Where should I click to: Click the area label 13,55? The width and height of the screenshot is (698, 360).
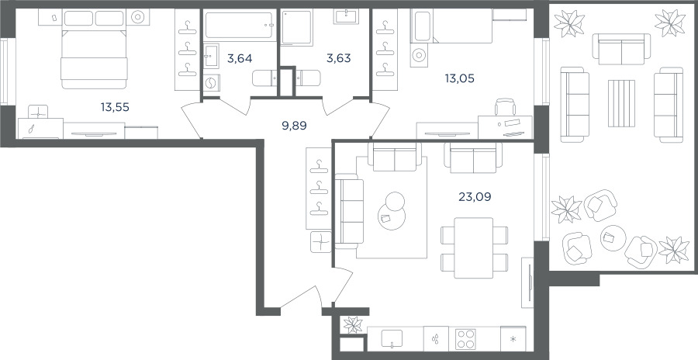[115, 107]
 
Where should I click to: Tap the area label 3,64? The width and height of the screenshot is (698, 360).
[240, 58]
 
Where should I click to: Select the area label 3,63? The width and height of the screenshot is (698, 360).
[338, 58]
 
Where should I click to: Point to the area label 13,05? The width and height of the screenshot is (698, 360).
[459, 79]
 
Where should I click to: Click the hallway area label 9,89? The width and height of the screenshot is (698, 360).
[295, 126]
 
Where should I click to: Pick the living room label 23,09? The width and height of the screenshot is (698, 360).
[475, 196]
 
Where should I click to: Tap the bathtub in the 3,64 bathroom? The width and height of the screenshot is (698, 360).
[239, 25]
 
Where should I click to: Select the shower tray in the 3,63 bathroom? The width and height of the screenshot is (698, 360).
[296, 27]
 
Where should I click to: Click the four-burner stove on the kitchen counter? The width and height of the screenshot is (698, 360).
[465, 339]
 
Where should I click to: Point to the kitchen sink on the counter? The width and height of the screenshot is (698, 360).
[392, 338]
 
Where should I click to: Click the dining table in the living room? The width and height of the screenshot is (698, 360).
[474, 247]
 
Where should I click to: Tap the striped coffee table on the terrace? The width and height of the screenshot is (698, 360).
[621, 103]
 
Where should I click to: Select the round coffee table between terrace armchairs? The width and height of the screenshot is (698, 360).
[613, 238]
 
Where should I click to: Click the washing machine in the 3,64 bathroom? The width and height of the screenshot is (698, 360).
[212, 83]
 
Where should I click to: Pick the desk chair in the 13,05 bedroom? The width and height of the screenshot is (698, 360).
[505, 107]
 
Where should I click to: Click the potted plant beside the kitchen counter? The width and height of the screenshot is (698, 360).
[354, 325]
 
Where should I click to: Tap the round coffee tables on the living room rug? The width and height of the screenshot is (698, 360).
[393, 211]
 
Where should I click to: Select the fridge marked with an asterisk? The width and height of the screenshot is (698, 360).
[513, 339]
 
